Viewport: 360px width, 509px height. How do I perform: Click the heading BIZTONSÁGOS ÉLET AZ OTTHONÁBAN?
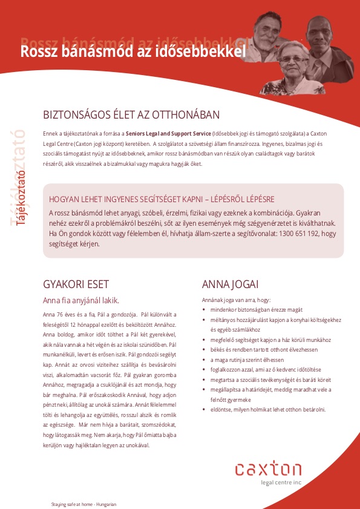click(131, 115)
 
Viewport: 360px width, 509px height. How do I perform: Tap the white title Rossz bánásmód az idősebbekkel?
click(134, 51)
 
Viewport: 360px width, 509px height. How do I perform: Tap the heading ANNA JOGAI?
click(230, 284)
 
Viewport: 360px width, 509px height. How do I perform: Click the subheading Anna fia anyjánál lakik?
click(81, 300)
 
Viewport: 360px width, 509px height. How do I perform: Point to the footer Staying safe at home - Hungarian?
click(83, 504)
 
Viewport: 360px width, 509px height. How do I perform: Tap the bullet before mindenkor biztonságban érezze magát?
click(204, 310)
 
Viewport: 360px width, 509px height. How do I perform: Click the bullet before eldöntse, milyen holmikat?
click(204, 410)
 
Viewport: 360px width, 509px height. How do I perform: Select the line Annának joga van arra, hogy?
click(236, 300)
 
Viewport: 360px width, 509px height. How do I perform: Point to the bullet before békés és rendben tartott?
click(204, 350)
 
